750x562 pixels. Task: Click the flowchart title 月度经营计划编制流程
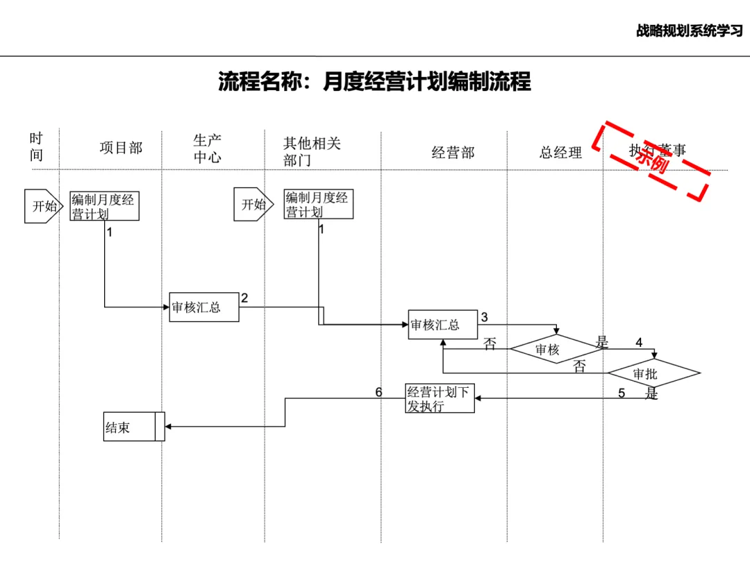pos(375,82)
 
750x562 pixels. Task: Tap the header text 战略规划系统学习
pos(689,31)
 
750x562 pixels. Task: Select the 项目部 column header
pos(121,148)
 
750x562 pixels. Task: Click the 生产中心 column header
pos(207,149)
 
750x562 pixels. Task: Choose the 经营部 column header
pos(453,153)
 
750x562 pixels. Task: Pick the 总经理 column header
pos(560,153)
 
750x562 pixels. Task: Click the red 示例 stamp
pos(651,160)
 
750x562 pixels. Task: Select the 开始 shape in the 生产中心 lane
pos(252,205)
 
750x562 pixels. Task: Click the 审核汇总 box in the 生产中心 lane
pos(204,307)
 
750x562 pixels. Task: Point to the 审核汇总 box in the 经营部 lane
pos(443,325)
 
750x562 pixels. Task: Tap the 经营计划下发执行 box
pos(440,399)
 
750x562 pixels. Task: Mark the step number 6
pos(378,393)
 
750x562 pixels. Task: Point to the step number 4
pos(639,342)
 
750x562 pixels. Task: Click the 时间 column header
pos(36,147)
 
